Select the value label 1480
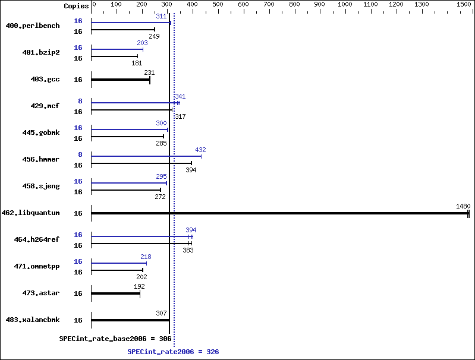(463, 206)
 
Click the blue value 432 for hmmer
(200, 150)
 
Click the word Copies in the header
(76, 5)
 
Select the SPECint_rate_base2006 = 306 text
(115, 338)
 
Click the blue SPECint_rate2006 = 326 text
(173, 352)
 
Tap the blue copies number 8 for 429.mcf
(79, 101)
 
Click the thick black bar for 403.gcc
(120, 80)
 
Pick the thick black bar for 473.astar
(115, 293)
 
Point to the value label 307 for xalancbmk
(161, 313)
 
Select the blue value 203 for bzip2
(142, 43)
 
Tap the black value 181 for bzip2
(137, 63)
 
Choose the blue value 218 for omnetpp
(146, 257)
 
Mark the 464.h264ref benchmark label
(37, 239)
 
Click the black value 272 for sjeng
(160, 197)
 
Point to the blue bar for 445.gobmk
(129, 130)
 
